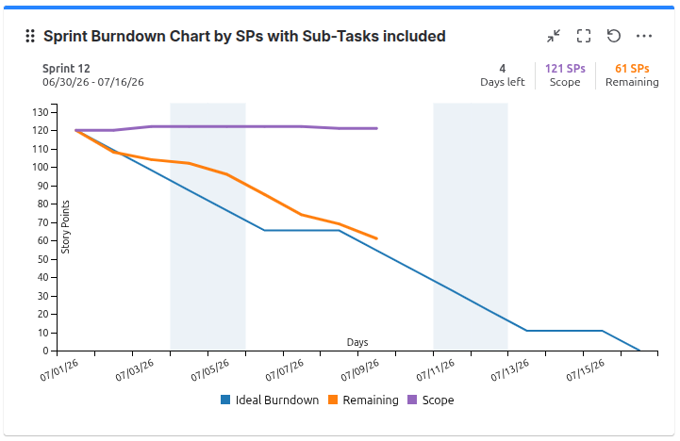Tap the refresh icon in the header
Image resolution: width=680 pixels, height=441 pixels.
click(614, 36)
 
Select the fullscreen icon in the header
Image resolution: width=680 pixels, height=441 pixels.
click(584, 36)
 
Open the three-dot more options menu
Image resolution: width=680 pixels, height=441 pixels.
click(644, 36)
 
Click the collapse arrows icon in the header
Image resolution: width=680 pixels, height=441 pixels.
click(554, 36)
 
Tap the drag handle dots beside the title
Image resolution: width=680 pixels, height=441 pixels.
click(30, 36)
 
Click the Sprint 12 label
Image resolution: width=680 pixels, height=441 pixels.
click(66, 69)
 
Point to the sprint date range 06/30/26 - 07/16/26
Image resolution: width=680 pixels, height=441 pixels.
click(93, 82)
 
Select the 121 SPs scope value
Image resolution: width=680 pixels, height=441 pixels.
click(565, 69)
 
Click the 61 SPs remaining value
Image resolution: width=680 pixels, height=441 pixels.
click(632, 69)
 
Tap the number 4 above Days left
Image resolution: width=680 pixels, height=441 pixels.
click(502, 69)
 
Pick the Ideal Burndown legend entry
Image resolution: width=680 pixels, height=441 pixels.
click(270, 400)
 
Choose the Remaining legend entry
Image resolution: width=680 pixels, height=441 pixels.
click(363, 400)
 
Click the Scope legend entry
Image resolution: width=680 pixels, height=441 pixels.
click(431, 400)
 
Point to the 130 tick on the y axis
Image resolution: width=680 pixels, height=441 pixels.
click(41, 113)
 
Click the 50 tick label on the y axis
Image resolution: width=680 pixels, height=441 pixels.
click(43, 259)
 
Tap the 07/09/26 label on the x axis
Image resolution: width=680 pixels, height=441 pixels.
click(360, 371)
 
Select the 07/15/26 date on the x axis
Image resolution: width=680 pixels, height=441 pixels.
click(586, 371)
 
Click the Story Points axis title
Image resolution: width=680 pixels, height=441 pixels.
click(65, 226)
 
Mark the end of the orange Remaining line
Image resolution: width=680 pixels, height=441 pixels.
click(377, 238)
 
